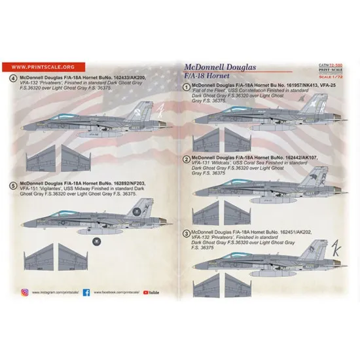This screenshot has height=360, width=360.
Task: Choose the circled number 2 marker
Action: coord(187,160)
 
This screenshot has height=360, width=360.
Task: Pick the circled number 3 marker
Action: coord(187,231)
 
